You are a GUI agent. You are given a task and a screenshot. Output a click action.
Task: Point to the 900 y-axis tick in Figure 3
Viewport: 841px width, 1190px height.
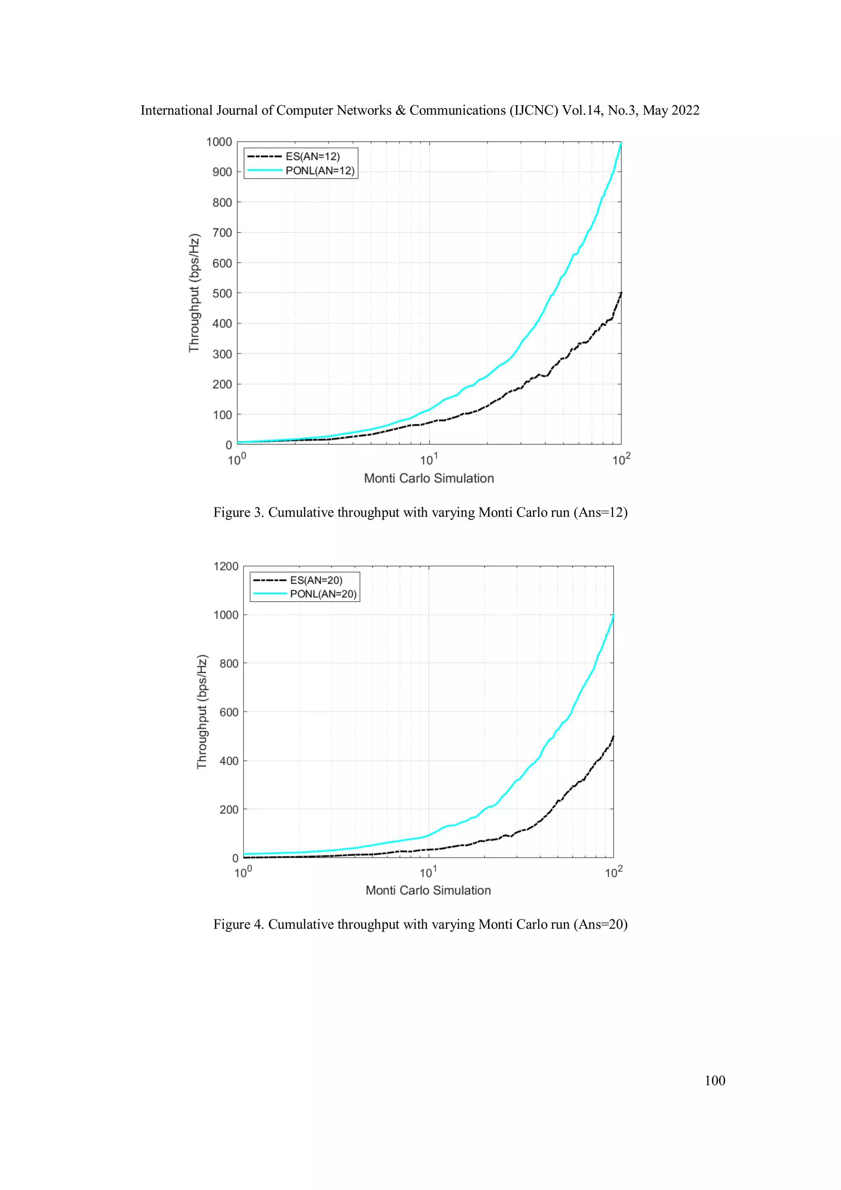click(x=222, y=172)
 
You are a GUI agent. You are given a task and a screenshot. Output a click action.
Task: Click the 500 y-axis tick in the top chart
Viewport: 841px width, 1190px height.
click(x=222, y=293)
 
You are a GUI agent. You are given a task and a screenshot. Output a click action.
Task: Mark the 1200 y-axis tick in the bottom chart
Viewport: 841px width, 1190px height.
click(x=226, y=566)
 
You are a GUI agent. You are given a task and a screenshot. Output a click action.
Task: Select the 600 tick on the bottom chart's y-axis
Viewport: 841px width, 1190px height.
click(x=228, y=713)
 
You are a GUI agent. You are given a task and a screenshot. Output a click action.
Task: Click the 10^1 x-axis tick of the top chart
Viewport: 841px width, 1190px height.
click(x=429, y=460)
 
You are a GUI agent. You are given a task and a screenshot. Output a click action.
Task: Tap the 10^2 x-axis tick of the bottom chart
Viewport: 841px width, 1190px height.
click(x=614, y=872)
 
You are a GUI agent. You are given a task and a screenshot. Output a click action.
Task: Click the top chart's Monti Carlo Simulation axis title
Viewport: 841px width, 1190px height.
click(x=429, y=479)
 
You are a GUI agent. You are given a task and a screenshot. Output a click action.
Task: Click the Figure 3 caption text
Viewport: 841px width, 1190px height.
click(x=420, y=513)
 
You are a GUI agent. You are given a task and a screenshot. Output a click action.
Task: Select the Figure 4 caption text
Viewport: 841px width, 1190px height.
click(x=420, y=924)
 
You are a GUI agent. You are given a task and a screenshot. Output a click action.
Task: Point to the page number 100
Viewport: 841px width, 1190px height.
click(x=715, y=1081)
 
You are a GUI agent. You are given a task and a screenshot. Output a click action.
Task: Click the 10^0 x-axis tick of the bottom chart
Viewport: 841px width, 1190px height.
click(x=243, y=872)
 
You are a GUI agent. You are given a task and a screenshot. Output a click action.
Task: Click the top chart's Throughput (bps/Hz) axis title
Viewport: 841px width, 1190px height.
click(x=194, y=293)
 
